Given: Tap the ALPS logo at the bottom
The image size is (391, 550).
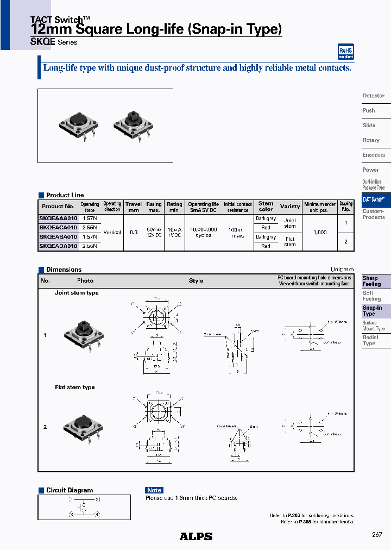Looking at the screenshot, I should click(x=196, y=536).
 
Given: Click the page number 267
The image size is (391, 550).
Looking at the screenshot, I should click(x=377, y=535).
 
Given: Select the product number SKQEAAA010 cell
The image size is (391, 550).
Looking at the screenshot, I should click(x=58, y=218).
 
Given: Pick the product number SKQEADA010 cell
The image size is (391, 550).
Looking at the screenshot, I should click(x=58, y=246).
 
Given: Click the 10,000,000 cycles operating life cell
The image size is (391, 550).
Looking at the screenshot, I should click(x=204, y=232).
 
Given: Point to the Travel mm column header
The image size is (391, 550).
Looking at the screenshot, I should click(x=134, y=207).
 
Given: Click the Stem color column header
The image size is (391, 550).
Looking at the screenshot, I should click(x=266, y=207).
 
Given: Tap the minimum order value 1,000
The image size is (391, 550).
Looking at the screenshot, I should click(x=320, y=232).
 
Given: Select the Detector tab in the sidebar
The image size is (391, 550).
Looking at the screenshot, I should click(x=374, y=96).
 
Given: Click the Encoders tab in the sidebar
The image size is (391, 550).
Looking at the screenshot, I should click(x=374, y=155).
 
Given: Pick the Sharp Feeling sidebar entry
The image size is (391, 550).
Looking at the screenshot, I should click(x=373, y=281).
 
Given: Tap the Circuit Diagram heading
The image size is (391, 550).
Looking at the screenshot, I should click(x=70, y=490).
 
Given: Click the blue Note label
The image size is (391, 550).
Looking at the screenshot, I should click(x=154, y=490).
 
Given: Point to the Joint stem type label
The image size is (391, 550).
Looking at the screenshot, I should click(x=77, y=293).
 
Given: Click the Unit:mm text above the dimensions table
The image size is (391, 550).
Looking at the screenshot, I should click(x=342, y=270).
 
